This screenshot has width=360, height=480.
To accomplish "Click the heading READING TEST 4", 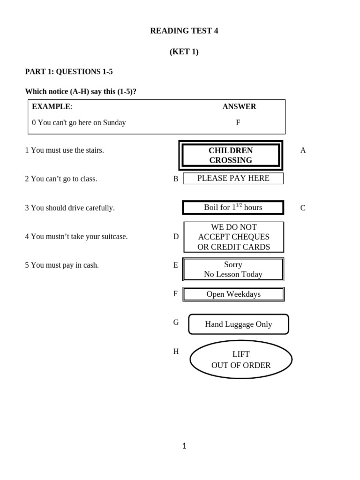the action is tap(184, 31).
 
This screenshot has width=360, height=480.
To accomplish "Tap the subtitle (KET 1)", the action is tap(184, 52).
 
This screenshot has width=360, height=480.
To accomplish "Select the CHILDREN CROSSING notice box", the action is tap(231, 155).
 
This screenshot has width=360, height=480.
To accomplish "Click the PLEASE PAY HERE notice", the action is tap(233, 178).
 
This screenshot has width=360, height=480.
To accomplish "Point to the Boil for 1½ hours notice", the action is tap(233, 207).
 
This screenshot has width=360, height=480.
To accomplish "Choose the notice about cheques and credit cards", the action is tap(233, 237).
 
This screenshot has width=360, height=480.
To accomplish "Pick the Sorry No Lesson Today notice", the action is tap(233, 270).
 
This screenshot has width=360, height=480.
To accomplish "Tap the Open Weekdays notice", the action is tap(233, 294).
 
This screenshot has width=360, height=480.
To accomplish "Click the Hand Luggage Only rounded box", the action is tap(238, 324).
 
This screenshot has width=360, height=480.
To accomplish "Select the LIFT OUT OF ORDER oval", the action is tap(241, 360).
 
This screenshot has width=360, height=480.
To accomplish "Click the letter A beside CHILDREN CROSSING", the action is tap(303, 150).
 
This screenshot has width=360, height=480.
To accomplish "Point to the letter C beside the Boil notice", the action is tap(303, 208).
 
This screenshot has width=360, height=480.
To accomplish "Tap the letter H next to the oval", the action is tap(176, 352).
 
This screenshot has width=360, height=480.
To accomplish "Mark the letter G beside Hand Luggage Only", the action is tap(176, 322).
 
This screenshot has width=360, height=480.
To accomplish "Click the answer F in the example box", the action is tap(238, 123).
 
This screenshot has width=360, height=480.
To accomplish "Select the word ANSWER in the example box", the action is tap(239, 106).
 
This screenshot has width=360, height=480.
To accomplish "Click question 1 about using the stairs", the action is tap(65, 150).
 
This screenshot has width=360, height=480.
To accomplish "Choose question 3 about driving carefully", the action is tap(70, 208).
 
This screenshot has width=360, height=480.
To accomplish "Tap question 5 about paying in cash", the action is tap(62, 265).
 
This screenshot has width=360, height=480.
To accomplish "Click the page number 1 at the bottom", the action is tap(184, 446).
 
